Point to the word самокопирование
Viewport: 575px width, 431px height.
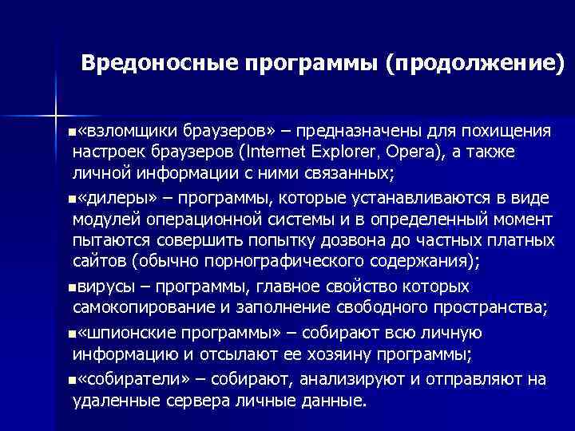click(x=142, y=306)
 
